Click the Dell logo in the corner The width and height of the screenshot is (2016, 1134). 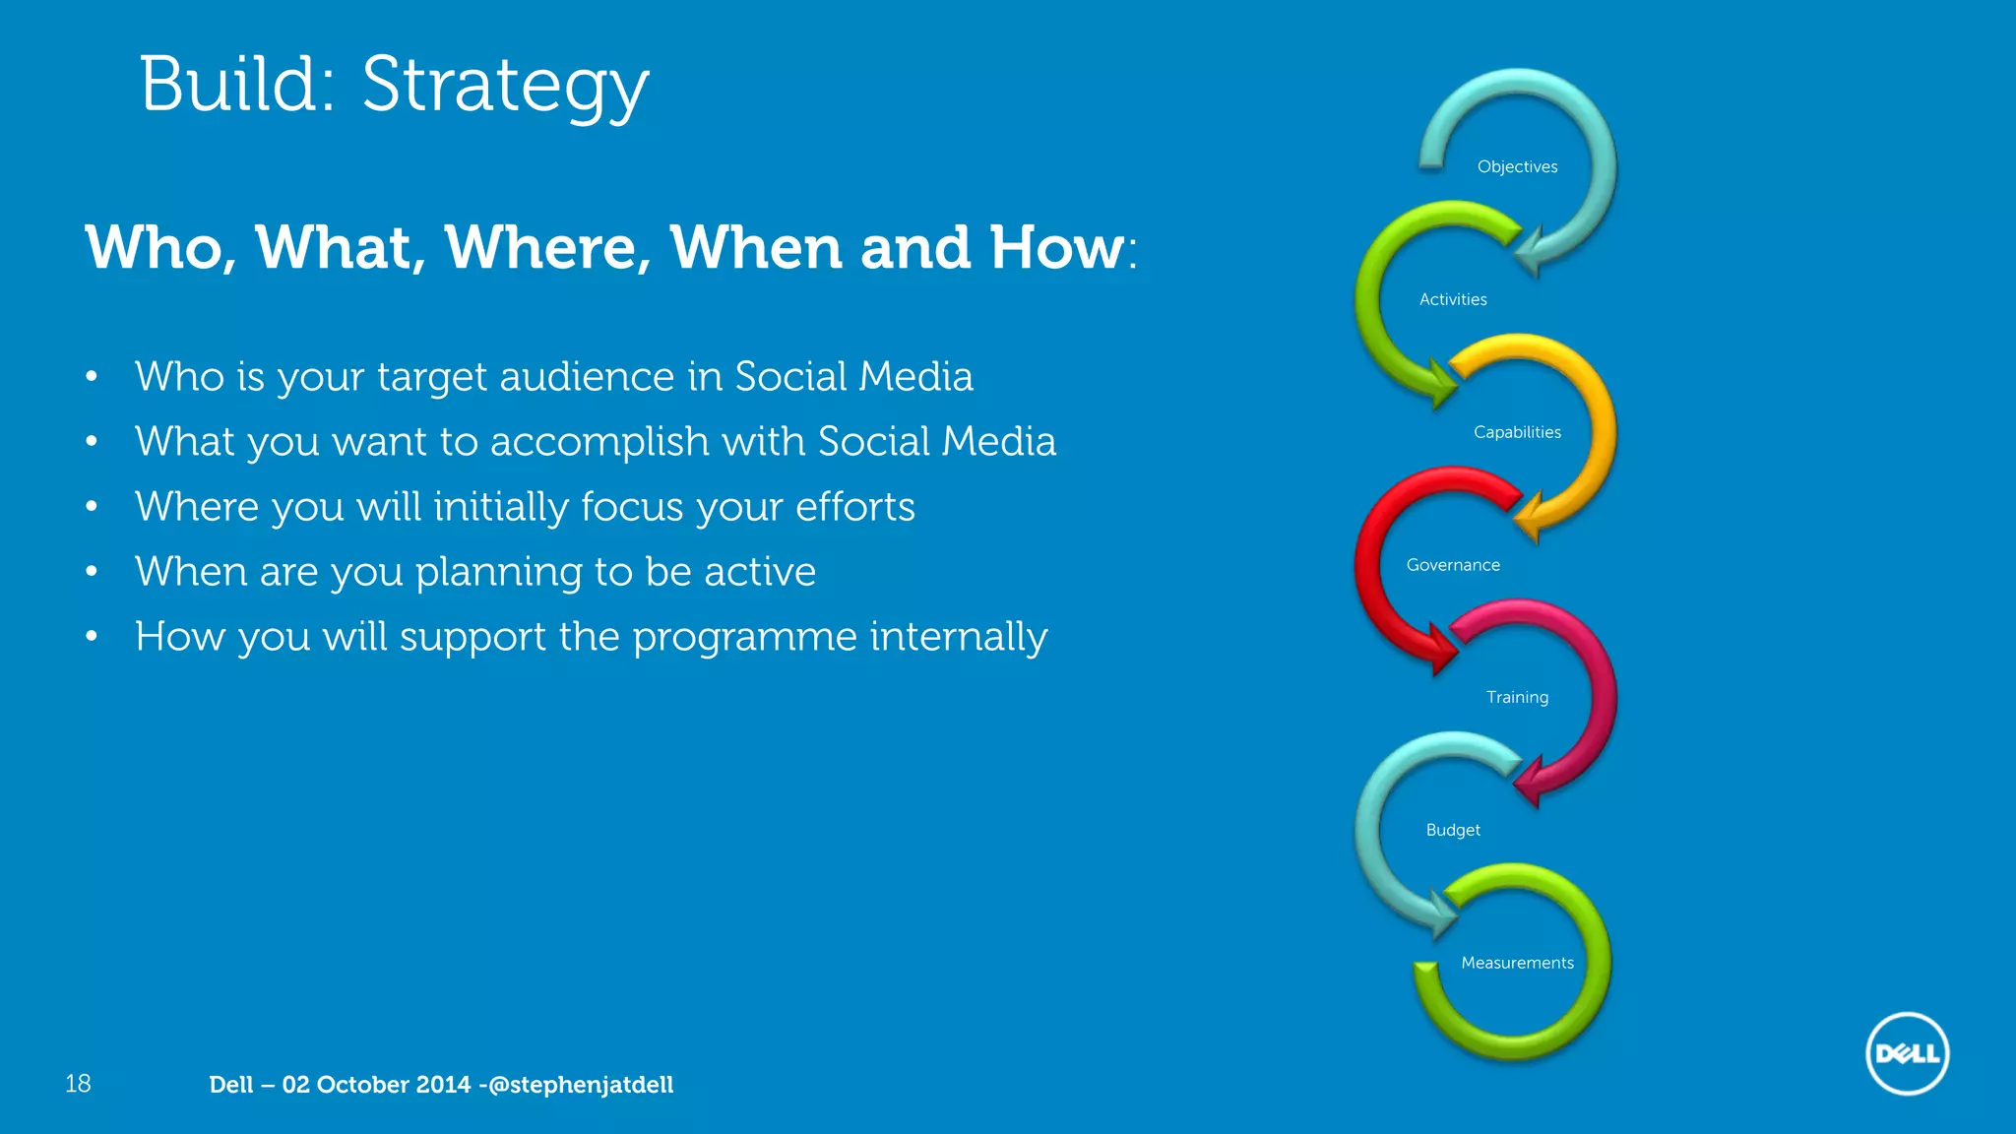tap(1907, 1053)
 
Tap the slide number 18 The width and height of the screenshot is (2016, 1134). tap(78, 1084)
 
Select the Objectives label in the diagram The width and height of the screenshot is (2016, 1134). tap(1517, 166)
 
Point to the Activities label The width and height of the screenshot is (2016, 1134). tap(1453, 299)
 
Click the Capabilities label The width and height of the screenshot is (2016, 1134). tap(1517, 432)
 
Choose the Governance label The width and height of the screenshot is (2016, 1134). tap(1453, 565)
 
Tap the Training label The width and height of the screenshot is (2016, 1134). tap(1517, 697)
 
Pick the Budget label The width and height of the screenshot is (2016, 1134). tap(1453, 830)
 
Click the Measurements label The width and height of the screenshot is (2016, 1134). tap(1517, 963)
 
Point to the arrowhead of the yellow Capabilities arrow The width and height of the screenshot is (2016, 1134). tap(1529, 516)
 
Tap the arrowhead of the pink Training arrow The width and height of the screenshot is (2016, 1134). tap(1529, 783)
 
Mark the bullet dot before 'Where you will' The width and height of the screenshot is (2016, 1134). tap(92, 507)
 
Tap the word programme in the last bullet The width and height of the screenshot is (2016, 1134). tap(745, 637)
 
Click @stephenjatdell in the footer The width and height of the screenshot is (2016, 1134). tap(581, 1085)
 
